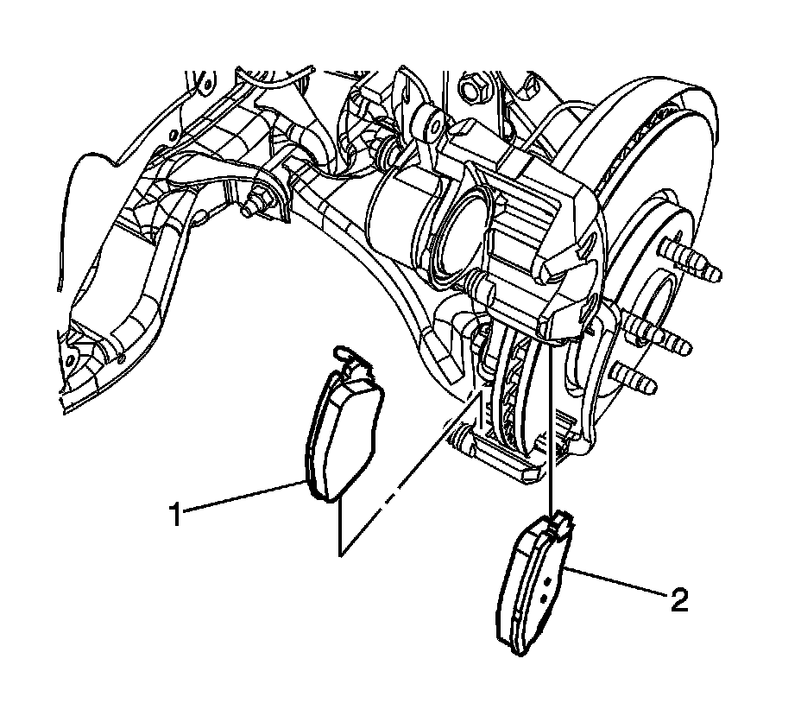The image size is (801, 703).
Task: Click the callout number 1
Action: click(x=175, y=516)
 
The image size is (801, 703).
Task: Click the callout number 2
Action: click(x=679, y=599)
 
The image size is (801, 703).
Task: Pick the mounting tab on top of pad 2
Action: click(x=558, y=521)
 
